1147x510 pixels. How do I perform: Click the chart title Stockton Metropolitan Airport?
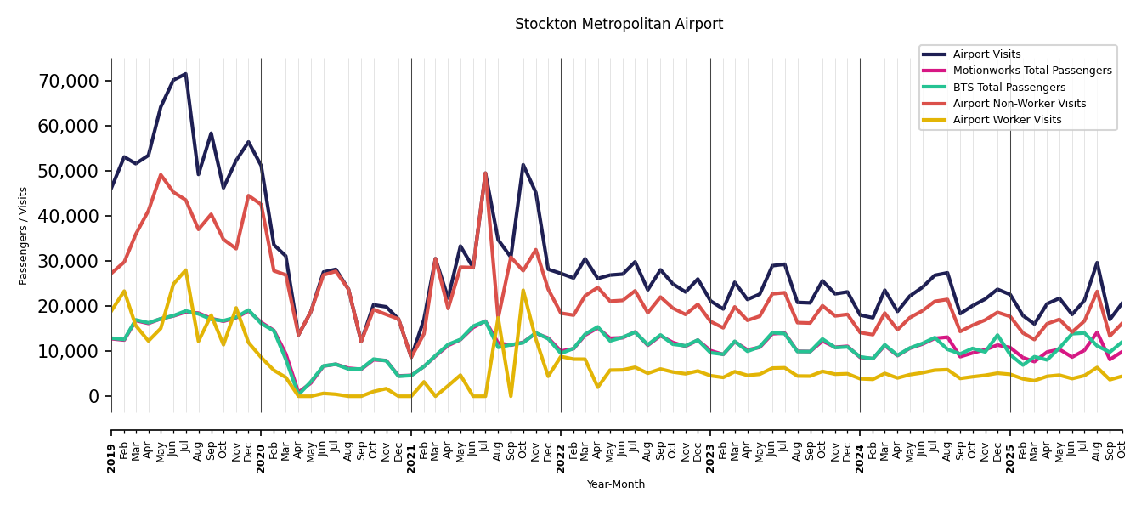coord(619,25)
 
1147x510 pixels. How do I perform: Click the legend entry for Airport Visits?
coord(986,54)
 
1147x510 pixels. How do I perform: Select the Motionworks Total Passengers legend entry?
coord(1031,71)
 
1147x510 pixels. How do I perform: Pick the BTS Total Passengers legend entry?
coord(1009,88)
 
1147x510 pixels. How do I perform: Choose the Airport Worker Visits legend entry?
coord(1007,120)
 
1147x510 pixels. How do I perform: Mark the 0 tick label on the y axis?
coord(94,396)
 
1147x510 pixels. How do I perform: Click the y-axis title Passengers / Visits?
coord(24,235)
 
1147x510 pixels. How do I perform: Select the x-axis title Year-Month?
coord(616,484)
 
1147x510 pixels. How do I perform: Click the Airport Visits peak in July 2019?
coord(186,74)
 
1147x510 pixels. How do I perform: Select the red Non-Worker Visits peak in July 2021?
coord(485,173)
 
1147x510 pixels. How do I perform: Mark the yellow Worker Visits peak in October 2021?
coord(523,290)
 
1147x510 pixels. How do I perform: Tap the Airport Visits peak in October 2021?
coord(523,165)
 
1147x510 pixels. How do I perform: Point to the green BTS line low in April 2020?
coord(298,393)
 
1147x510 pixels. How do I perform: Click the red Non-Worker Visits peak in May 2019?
coord(161,175)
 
